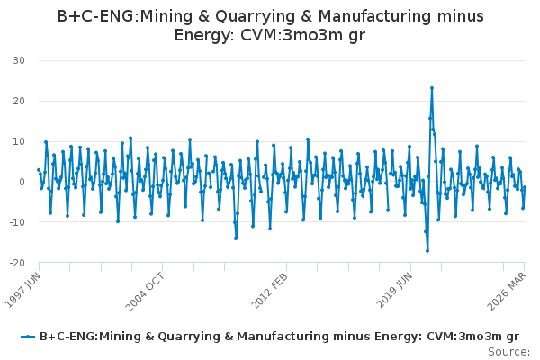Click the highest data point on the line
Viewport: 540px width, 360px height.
pos(432,88)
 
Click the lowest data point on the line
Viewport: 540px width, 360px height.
pos(427,251)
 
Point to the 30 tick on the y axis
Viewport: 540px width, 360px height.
pos(19,60)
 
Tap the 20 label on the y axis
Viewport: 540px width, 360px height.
pos(19,101)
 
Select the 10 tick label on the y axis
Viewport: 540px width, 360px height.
pos(19,141)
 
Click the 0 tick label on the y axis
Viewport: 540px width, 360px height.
pos(22,182)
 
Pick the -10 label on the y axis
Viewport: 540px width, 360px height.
pos(17,222)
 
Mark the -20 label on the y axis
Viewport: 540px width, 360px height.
pos(17,263)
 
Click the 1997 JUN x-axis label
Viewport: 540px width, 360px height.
pos(23,290)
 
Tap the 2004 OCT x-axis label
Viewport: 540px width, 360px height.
pos(144,292)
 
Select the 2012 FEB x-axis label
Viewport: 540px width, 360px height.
pos(269,291)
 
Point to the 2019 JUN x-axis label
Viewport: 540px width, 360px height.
pos(394,290)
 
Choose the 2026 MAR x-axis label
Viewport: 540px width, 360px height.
pos(507,291)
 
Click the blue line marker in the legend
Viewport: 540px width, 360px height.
pos(28,337)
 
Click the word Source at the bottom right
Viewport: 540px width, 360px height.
pos(508,352)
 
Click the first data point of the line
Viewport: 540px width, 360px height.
pos(39,170)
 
